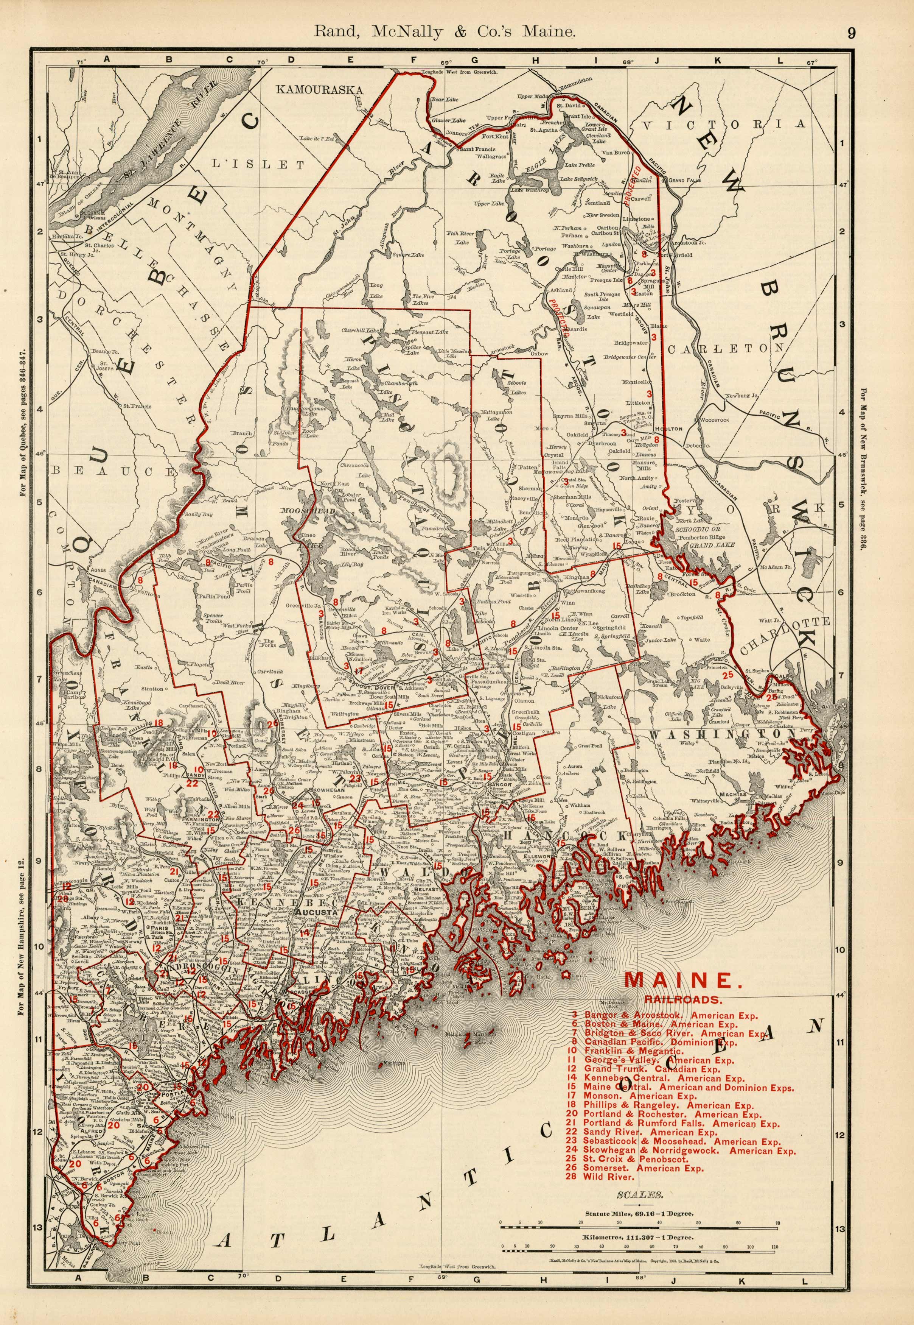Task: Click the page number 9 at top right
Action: (852, 33)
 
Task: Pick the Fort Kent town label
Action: (495, 137)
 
